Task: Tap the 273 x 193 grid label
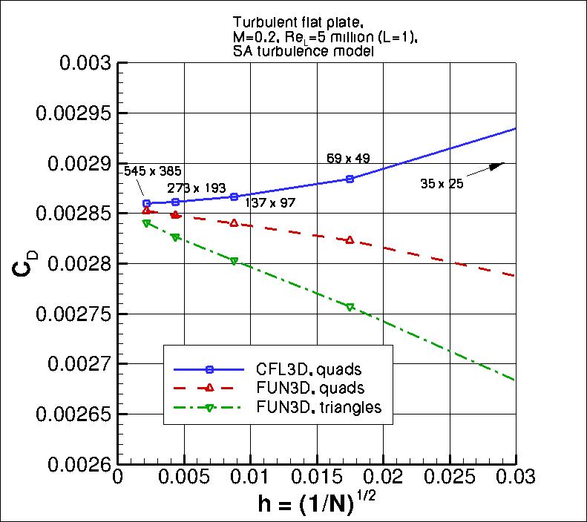coord(196,188)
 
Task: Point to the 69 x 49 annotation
coord(348,158)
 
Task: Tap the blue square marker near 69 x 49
coord(350,179)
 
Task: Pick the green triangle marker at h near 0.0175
coord(350,306)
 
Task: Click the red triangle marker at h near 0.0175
coord(350,239)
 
